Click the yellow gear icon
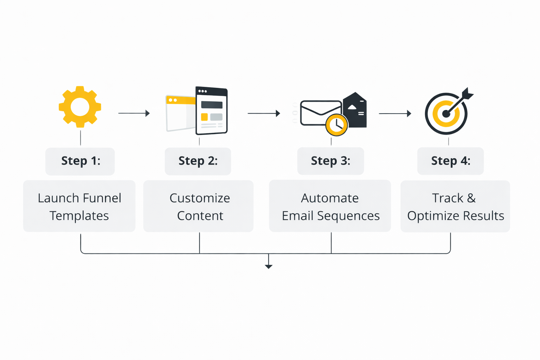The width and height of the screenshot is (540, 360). [x=80, y=107]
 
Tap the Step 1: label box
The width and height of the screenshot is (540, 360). [x=80, y=161]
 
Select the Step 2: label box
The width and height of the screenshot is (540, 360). [x=198, y=161]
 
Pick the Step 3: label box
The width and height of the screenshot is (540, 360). [x=330, y=161]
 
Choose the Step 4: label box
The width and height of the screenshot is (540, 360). [x=450, y=161]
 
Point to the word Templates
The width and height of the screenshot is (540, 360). [x=79, y=216]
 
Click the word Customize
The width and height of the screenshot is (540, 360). [x=200, y=198]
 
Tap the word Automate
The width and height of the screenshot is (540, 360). [x=330, y=198]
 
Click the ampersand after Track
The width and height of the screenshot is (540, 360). [x=471, y=198]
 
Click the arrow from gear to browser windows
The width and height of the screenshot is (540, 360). [x=134, y=113]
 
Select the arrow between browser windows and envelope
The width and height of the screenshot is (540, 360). [x=264, y=113]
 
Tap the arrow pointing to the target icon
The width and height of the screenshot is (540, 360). [x=395, y=114]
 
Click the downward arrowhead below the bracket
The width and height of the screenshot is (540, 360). [x=269, y=266]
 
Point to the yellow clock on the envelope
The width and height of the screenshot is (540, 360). [x=336, y=125]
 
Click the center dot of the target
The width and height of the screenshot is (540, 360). [x=446, y=114]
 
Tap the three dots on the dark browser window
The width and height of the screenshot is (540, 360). [x=202, y=91]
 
